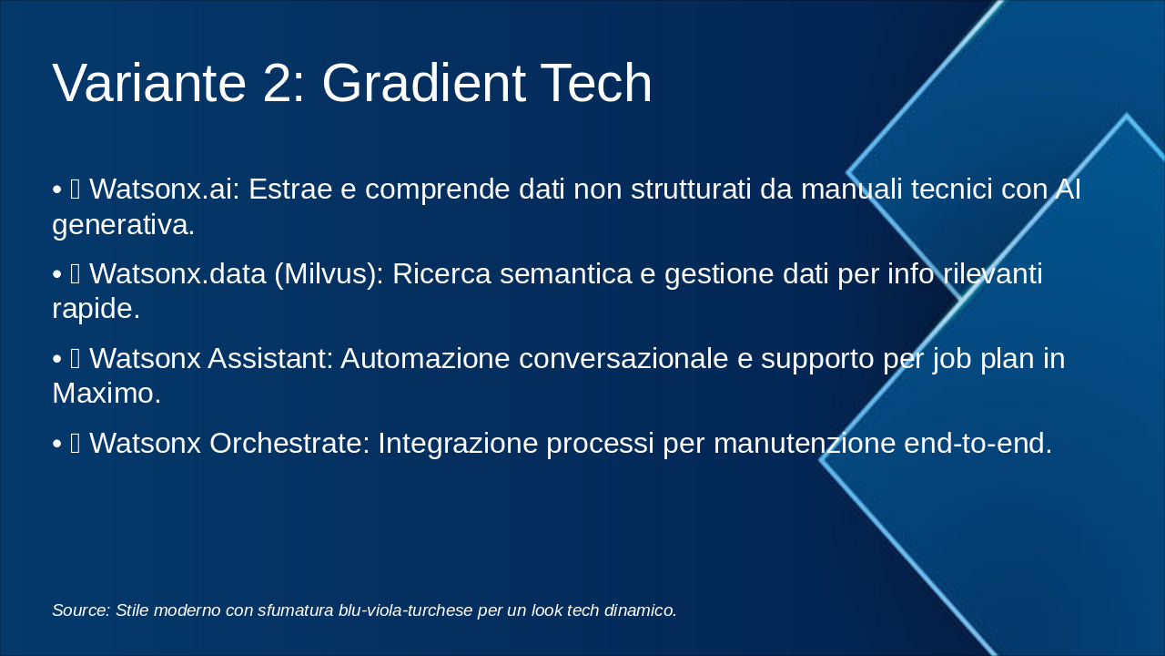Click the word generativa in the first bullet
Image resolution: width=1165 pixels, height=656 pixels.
(x=123, y=224)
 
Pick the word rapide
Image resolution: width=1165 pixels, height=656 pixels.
(x=96, y=308)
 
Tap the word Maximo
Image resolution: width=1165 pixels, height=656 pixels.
(x=106, y=393)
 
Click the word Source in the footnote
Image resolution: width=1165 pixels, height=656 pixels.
(x=81, y=610)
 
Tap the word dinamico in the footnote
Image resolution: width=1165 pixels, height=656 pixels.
(x=644, y=610)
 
